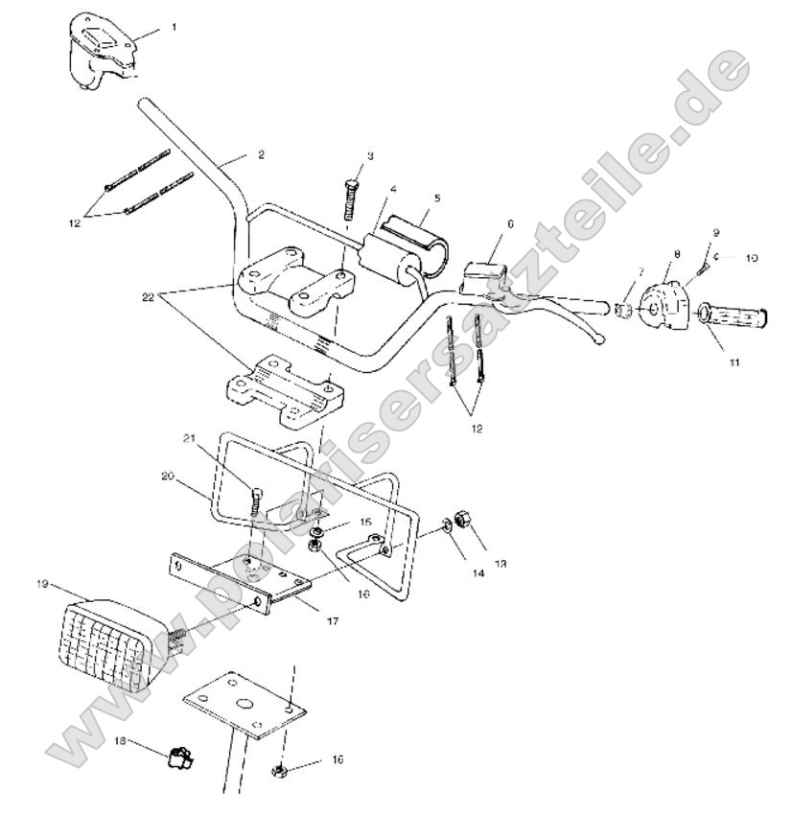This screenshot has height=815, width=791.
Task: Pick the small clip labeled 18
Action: (x=177, y=757)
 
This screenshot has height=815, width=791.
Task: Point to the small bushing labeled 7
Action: (x=622, y=313)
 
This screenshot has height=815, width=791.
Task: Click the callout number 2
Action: (x=261, y=153)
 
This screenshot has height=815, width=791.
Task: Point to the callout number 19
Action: (x=43, y=583)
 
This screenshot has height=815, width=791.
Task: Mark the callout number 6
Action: (x=510, y=223)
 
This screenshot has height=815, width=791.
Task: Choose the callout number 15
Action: (x=364, y=522)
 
